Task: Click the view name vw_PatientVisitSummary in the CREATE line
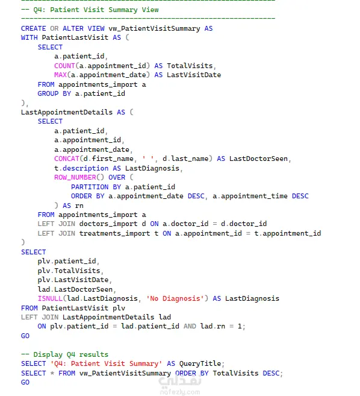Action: pyautogui.click(x=154, y=28)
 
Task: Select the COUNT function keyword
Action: pyautogui.click(x=64, y=66)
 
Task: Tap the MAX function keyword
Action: pyautogui.click(x=60, y=75)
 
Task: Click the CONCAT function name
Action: pyautogui.click(x=67, y=159)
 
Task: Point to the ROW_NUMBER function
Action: pyautogui.click(x=75, y=178)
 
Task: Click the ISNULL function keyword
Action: pyautogui.click(x=50, y=299)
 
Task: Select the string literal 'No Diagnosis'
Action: pyautogui.click(x=175, y=299)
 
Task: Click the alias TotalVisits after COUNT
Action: pyautogui.click(x=190, y=66)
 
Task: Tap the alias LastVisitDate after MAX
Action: pyautogui.click(x=194, y=75)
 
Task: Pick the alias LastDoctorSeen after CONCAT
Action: pyautogui.click(x=258, y=159)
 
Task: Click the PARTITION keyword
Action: pyautogui.click(x=90, y=187)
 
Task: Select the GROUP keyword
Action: pyautogui.click(x=48, y=93)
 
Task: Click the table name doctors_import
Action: pyautogui.click(x=108, y=224)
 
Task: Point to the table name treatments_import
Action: pyautogui.click(x=114, y=234)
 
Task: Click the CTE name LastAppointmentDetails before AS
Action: pyautogui.click(x=67, y=112)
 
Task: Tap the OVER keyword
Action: pyautogui.click(x=117, y=178)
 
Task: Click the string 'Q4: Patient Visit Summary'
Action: pyautogui.click(x=106, y=364)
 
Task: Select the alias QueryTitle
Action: pyautogui.click(x=200, y=364)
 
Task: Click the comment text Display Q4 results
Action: pyautogui.click(x=71, y=354)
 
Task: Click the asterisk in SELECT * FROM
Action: pyautogui.click(x=52, y=373)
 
